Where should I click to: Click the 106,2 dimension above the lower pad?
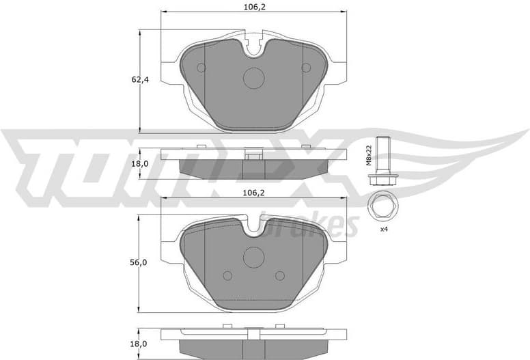(x=253, y=193)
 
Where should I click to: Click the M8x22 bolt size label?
(x=367, y=155)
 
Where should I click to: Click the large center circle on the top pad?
(x=254, y=78)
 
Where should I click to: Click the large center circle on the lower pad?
(x=254, y=258)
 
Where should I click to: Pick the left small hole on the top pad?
(x=201, y=67)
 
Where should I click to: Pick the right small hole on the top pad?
(x=307, y=67)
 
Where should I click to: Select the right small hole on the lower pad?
(x=279, y=275)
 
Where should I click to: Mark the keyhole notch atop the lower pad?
(x=254, y=225)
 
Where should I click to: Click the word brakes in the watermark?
(x=320, y=225)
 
